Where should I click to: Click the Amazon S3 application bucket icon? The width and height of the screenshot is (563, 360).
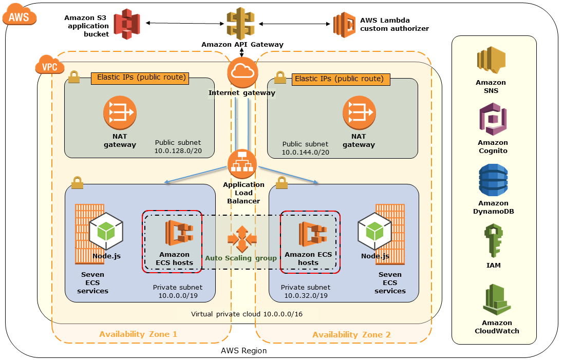(127, 24)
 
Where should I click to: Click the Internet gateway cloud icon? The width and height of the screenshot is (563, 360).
(241, 72)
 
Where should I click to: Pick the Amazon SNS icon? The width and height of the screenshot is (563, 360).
(491, 61)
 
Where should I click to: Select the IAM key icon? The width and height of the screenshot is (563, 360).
(493, 240)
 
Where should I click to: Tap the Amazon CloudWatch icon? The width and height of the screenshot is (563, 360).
(497, 300)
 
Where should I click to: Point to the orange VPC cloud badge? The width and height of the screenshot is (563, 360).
(49, 65)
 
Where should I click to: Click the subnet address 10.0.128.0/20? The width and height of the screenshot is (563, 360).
(178, 151)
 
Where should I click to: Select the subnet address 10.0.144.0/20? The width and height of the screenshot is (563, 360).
(306, 153)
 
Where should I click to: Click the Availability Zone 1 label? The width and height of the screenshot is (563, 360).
(138, 334)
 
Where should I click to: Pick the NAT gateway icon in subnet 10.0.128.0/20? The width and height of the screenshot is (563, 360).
(120, 112)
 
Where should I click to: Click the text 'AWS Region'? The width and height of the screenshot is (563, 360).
(243, 351)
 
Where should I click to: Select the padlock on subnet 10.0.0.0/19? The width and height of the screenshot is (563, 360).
(77, 182)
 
